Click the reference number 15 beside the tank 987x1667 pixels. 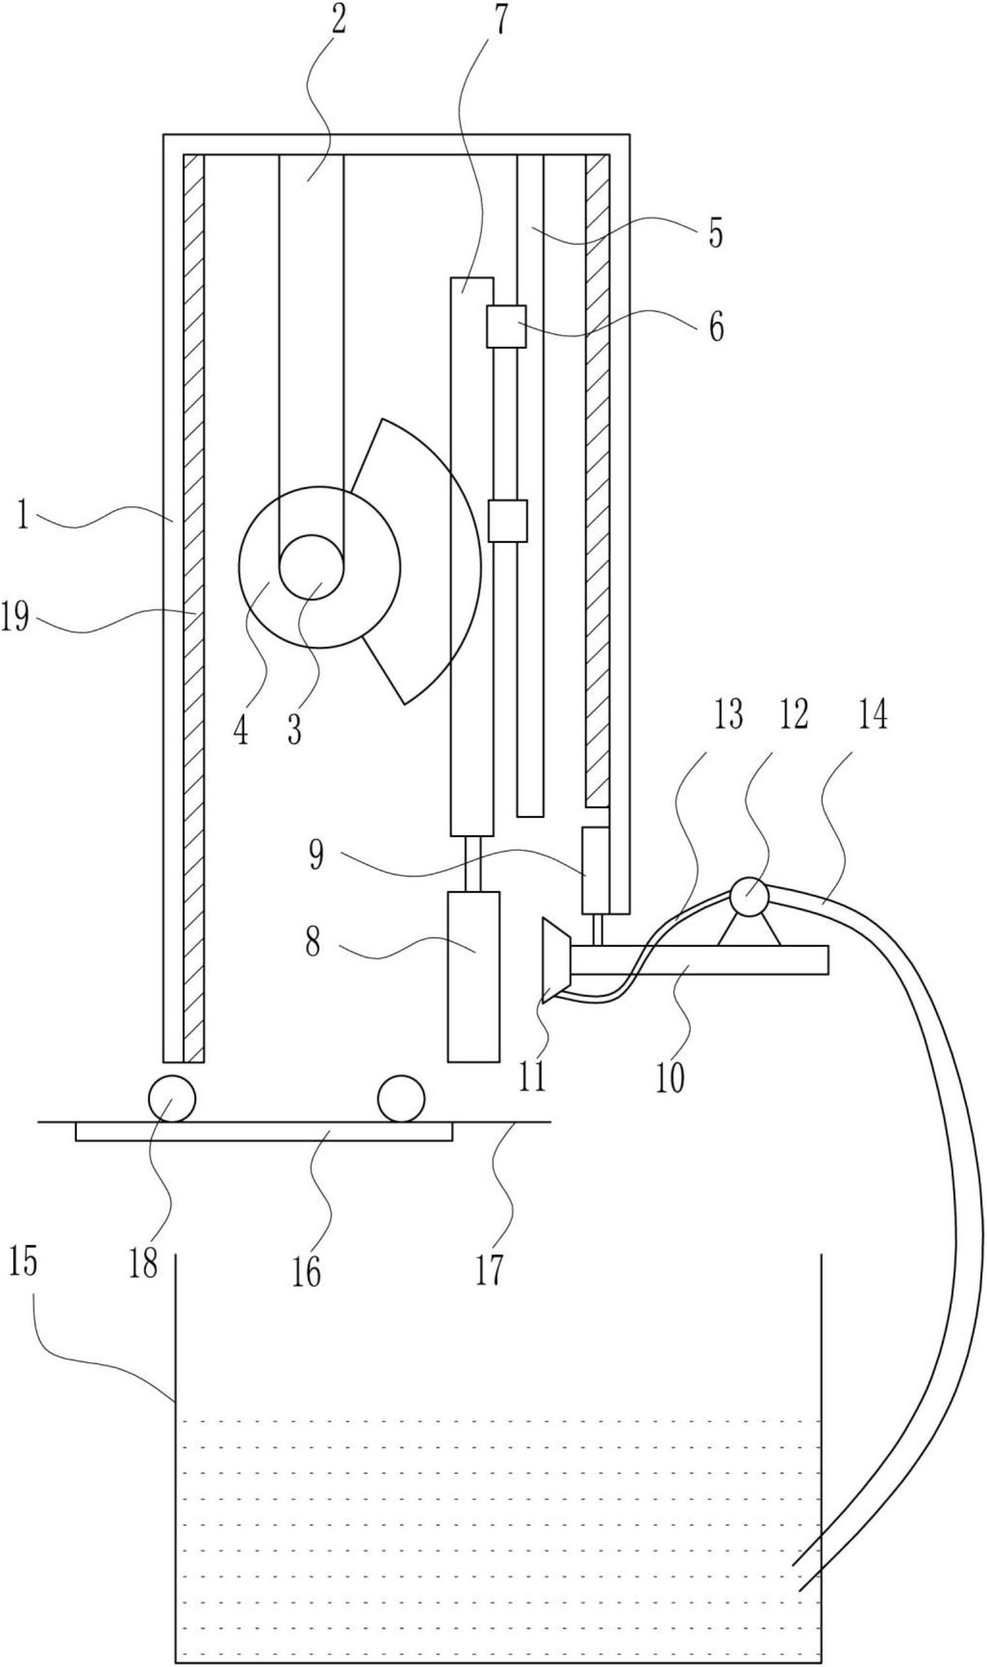click(x=22, y=1263)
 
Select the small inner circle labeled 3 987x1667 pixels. click(x=311, y=568)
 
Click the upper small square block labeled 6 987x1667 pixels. click(x=506, y=326)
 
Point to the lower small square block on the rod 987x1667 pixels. click(x=507, y=521)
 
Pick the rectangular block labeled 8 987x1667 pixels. click(x=473, y=976)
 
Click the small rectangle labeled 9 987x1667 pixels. click(x=595, y=871)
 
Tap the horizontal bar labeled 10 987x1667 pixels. click(x=698, y=960)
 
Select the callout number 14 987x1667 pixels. click(x=872, y=716)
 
